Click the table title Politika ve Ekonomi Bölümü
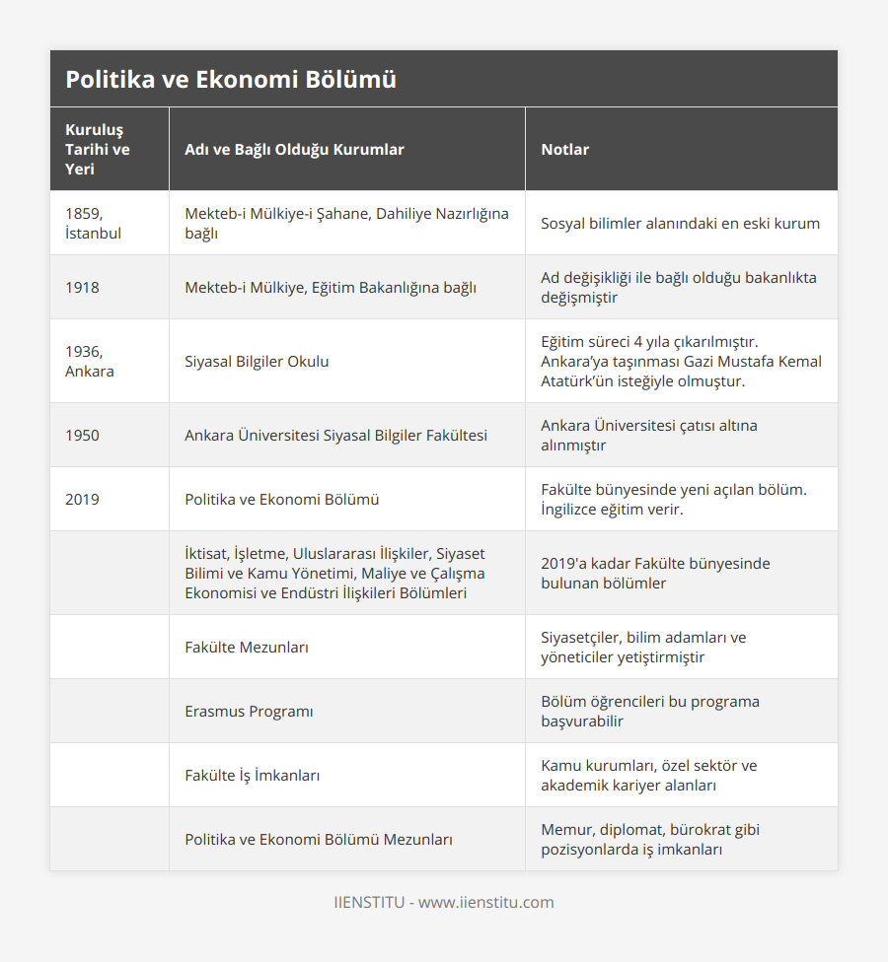(231, 80)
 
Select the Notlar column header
(564, 150)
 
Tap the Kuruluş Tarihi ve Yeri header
(98, 150)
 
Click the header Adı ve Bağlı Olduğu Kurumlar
(294, 150)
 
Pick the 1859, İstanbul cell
(93, 223)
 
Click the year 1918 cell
(82, 287)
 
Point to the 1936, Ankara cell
(89, 361)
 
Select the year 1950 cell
(82, 435)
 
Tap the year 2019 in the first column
(82, 499)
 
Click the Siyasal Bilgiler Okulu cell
(257, 361)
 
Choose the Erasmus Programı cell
(249, 711)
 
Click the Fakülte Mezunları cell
(247, 647)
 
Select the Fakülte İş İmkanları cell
(252, 775)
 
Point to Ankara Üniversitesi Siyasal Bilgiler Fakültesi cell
(335, 435)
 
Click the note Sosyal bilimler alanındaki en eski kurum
(680, 223)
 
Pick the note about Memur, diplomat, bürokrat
(650, 839)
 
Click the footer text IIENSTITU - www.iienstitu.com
(443, 902)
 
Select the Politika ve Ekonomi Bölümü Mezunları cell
(319, 839)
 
